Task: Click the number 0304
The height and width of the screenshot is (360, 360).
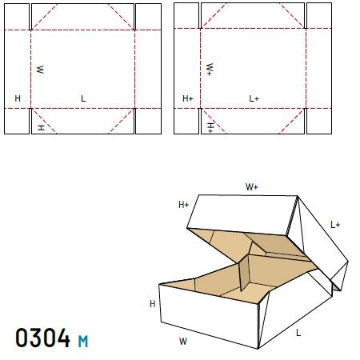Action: point(42,338)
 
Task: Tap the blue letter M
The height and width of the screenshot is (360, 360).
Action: point(83,342)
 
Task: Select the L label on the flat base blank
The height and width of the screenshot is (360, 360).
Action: point(83,98)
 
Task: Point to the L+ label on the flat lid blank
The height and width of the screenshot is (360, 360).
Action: point(254,98)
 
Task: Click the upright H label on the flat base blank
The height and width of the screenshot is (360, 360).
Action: point(18,98)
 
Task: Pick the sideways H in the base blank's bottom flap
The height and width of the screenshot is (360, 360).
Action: point(41,127)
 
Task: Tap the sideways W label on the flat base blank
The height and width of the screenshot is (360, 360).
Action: point(40,70)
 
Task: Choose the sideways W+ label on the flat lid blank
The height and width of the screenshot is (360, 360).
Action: point(210,70)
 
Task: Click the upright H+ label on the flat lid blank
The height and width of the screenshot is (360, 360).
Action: point(188,98)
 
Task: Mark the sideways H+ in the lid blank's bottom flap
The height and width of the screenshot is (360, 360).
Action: point(210,128)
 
